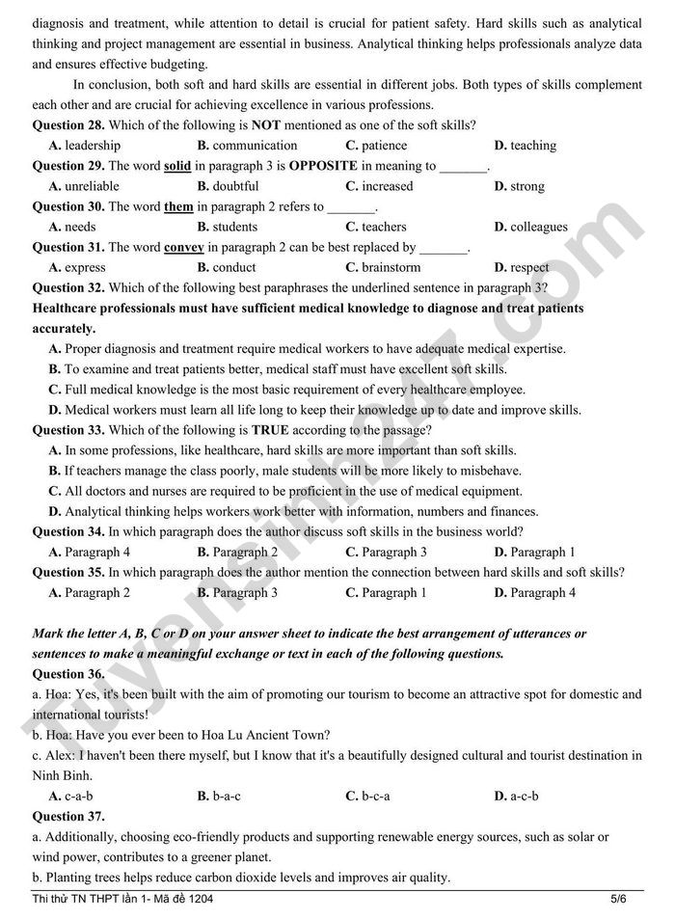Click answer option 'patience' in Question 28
tap(384, 146)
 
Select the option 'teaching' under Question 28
tap(532, 146)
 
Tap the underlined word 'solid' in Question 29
tap(177, 166)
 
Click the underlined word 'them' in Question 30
tap(178, 206)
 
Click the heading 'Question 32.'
tap(68, 287)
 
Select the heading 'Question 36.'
tap(68, 674)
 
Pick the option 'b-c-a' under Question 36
tap(375, 796)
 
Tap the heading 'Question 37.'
tap(68, 816)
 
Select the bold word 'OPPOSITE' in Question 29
tap(330, 166)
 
